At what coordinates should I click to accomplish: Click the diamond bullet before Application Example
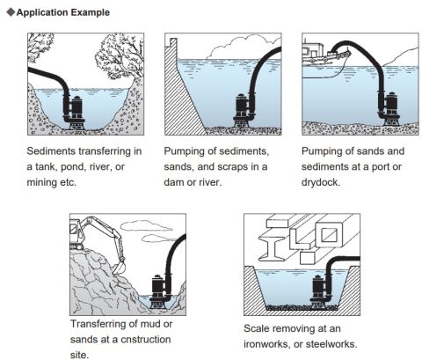11,12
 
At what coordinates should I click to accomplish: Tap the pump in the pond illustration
76,113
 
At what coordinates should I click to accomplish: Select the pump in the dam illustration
244,110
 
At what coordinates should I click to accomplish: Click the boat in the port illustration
325,55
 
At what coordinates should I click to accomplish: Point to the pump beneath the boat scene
389,108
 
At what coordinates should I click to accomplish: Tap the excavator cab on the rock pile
76,231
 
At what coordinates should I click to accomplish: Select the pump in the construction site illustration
161,292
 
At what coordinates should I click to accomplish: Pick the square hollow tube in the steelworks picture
330,235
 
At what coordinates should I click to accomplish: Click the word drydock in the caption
320,182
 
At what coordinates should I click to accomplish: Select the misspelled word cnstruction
146,340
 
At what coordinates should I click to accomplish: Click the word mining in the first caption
42,182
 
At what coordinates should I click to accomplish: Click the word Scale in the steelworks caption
257,328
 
